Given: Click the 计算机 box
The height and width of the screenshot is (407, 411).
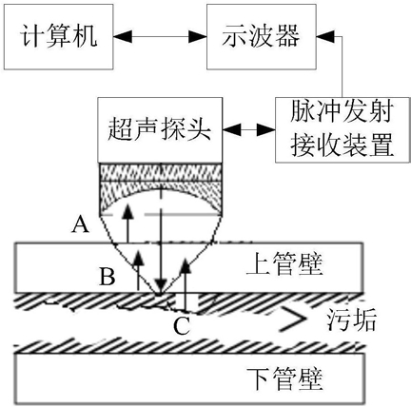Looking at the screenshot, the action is coord(58,36).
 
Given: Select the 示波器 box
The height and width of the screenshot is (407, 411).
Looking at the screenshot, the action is coord(262,36).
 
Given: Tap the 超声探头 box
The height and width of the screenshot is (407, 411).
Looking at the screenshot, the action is coord(160,130).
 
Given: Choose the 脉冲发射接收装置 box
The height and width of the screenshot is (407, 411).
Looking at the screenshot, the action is coord(342,129).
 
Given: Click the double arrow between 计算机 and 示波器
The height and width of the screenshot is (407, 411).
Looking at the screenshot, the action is coord(160,37).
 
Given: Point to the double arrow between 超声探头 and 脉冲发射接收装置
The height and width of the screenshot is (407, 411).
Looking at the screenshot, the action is coord(248,129).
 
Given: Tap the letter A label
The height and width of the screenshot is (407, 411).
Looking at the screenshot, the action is coord(80,226).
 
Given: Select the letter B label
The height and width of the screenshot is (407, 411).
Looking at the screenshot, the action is coord(108,277).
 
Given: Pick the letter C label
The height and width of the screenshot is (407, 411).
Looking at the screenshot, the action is coord(182,326).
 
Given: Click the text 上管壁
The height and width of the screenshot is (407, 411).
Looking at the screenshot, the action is coord(284,264).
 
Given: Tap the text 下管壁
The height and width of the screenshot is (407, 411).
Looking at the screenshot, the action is coord(284,379).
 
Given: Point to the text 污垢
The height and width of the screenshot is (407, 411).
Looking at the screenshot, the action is coord(352,320).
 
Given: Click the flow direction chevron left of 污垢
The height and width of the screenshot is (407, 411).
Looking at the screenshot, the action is coord(292,318).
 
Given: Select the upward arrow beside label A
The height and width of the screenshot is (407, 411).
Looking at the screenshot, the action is coord(127,223).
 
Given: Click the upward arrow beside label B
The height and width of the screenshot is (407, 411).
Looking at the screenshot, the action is coord(138,269).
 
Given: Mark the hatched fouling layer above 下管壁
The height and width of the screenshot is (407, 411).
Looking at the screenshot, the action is coord(189,346).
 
